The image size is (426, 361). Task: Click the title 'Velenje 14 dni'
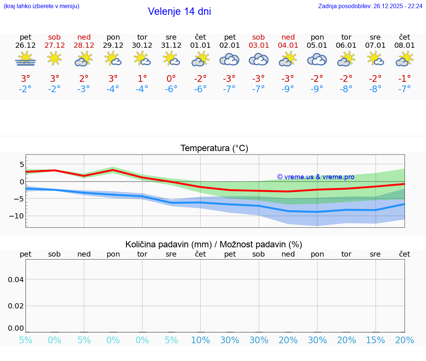coord(179,11)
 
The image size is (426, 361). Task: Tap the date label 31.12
coord(171,46)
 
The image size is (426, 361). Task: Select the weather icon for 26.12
coord(26,59)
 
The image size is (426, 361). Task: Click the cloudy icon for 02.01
coord(230,59)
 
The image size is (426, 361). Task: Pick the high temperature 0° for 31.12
coord(171,79)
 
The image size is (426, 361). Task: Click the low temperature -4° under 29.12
coord(113,89)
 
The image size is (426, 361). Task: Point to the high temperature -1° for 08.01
coord(404,79)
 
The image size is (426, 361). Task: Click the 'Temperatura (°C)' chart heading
coord(214,148)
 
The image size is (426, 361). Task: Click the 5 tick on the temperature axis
coord(21,164)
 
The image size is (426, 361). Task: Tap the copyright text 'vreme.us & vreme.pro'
coord(315,177)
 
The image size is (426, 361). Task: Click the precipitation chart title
coord(214,244)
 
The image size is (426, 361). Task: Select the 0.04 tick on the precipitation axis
coord(16,280)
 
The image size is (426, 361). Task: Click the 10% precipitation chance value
coord(200,340)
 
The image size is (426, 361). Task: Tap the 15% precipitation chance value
coord(375,340)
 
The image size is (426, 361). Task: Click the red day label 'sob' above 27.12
coord(54,37)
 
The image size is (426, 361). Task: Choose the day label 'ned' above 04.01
coord(288,37)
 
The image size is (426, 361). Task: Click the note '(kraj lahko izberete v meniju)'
coord(41,6)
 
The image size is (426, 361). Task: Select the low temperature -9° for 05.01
coord(317,89)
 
